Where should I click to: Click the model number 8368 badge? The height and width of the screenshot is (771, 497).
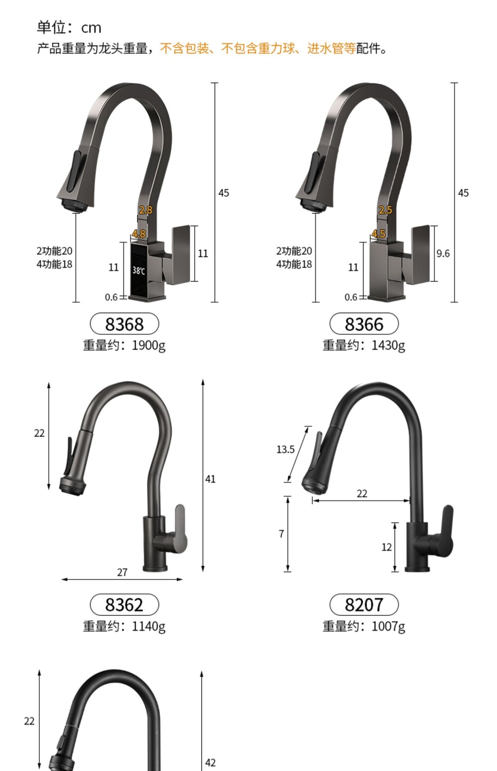(124, 324)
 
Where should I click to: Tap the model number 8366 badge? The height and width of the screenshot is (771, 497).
(364, 324)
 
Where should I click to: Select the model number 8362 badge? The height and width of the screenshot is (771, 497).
(124, 605)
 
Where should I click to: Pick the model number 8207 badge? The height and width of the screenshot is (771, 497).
(364, 605)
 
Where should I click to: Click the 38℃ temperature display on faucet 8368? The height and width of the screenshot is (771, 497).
(139, 271)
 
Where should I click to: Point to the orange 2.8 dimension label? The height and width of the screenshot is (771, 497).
(145, 210)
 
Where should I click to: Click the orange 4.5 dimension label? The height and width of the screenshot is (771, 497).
(378, 234)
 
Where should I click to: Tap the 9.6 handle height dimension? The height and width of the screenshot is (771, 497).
(443, 254)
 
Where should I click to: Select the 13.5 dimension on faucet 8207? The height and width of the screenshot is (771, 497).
(286, 449)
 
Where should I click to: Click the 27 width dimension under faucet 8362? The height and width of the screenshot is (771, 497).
(122, 573)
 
